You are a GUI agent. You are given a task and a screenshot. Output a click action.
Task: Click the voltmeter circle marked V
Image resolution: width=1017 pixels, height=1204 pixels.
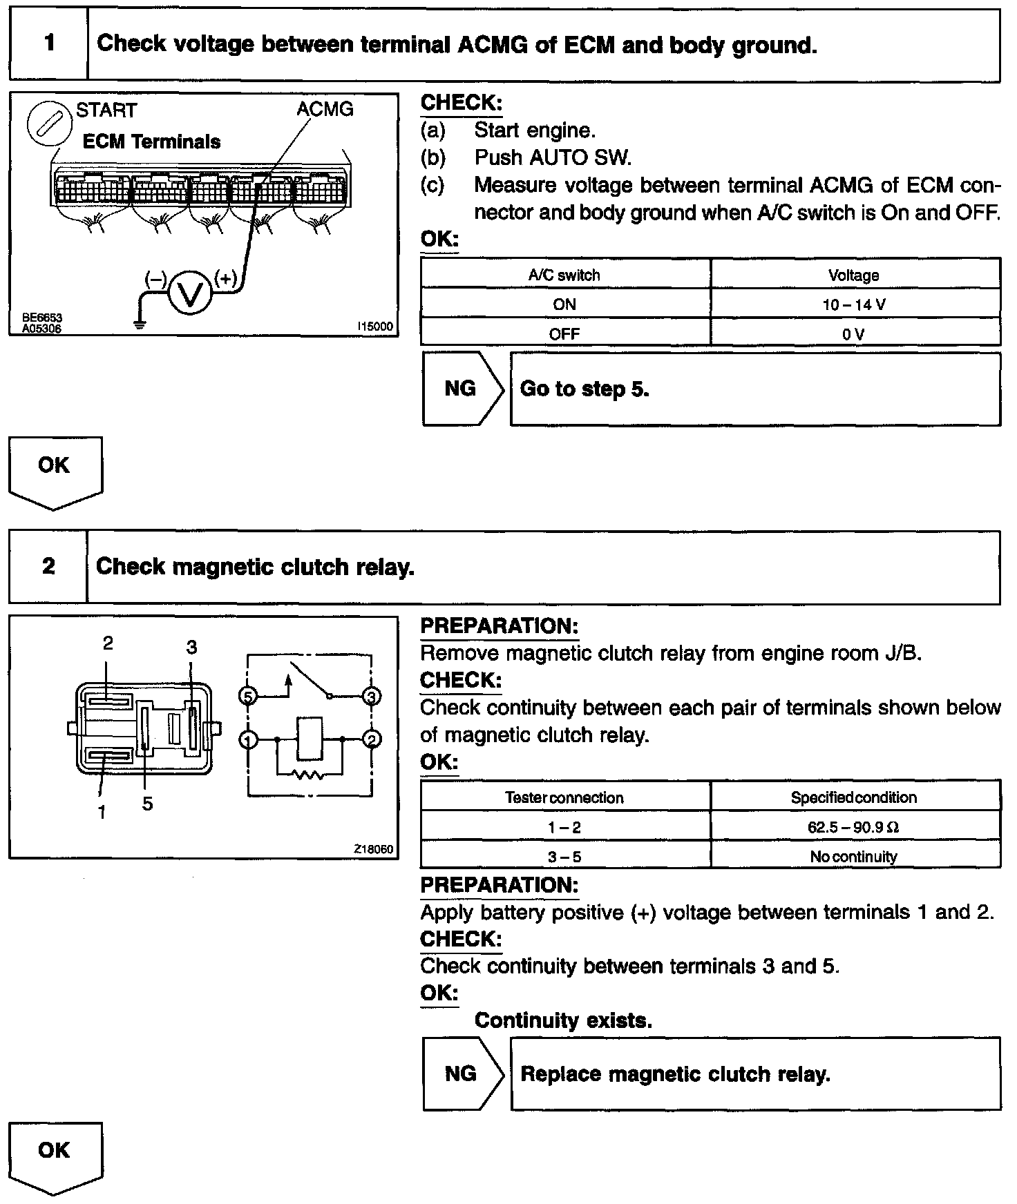click(x=189, y=293)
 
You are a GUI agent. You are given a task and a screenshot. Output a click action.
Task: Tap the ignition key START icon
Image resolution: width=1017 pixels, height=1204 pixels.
click(x=44, y=126)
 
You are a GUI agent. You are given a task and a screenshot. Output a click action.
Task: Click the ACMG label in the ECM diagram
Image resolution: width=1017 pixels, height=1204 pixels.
click(x=324, y=109)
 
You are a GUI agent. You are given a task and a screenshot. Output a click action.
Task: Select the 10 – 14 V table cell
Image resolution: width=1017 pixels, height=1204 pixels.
click(x=855, y=304)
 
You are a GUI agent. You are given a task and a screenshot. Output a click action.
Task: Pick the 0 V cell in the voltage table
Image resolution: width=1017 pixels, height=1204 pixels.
click(x=855, y=334)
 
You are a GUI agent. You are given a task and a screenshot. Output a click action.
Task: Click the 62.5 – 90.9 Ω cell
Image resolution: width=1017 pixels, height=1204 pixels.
click(x=855, y=827)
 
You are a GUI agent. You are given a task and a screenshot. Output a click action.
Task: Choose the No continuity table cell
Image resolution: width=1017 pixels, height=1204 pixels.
click(x=855, y=857)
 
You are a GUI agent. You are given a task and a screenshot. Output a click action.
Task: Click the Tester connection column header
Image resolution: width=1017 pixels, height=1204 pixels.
click(x=564, y=797)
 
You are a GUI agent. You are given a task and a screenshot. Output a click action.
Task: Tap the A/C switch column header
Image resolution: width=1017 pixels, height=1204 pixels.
click(x=564, y=275)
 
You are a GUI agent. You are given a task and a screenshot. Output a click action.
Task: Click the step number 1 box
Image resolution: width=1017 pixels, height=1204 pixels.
click(x=48, y=44)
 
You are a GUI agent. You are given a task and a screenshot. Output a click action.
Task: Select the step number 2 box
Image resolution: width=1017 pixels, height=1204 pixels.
click(x=48, y=567)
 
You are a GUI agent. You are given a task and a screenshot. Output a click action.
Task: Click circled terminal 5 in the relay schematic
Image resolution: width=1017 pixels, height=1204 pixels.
click(x=247, y=696)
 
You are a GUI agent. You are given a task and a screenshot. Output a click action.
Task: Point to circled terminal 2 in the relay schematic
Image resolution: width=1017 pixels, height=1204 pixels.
click(x=372, y=739)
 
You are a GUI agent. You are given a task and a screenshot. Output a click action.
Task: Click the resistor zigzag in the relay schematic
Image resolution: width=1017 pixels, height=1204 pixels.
click(x=310, y=775)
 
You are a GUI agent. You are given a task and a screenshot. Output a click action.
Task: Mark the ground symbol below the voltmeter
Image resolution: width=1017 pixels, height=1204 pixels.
click(x=140, y=324)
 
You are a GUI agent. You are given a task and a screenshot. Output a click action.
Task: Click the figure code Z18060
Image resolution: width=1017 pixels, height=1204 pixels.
click(x=374, y=848)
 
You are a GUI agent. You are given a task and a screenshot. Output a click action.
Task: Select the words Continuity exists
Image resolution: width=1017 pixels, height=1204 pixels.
click(x=563, y=1020)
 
